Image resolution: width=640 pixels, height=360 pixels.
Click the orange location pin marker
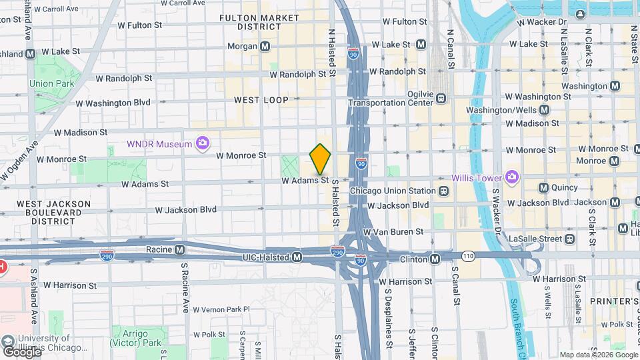point(321,159)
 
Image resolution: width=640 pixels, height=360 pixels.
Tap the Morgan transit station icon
point(265,47)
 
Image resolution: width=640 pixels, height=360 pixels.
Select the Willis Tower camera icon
point(511,177)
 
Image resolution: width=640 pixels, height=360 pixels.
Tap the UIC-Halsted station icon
point(297,257)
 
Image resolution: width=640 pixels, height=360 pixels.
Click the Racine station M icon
point(179,250)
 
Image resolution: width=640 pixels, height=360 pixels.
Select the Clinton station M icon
point(435,258)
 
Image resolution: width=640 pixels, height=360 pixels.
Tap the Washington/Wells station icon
point(545,110)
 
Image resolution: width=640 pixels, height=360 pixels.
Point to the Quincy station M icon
point(543,188)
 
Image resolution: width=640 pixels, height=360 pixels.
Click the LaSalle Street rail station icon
point(569,239)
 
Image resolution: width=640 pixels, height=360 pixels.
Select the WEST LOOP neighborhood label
point(261,100)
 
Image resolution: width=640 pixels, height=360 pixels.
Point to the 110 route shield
point(469,255)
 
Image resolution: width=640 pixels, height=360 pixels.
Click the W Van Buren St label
point(393,231)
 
